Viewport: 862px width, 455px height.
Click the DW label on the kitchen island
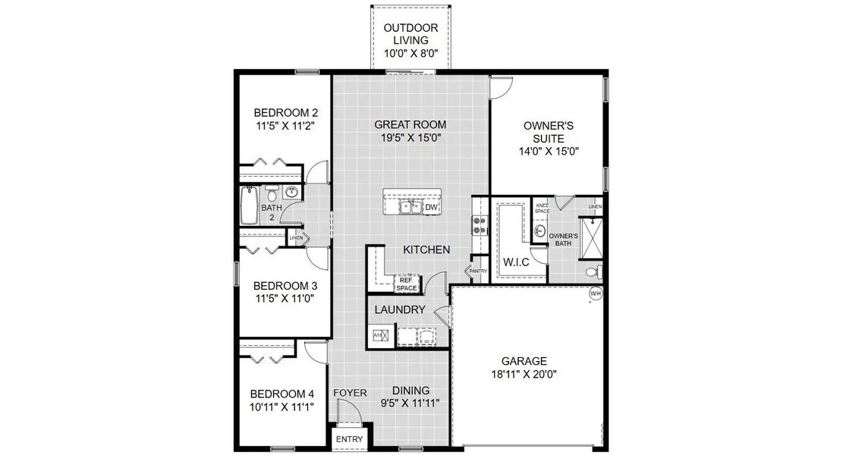pos(430,207)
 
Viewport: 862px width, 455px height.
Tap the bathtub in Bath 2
pos(250,206)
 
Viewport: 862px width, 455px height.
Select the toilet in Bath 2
pos(271,191)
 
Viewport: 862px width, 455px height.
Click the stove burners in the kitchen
pos(479,224)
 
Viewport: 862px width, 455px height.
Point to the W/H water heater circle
pos(595,293)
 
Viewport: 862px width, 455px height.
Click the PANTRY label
pos(477,271)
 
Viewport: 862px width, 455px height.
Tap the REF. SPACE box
pos(407,284)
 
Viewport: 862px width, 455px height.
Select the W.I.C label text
pos(517,262)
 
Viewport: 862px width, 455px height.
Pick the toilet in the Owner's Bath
pos(593,271)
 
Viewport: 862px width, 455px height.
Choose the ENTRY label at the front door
pos(350,440)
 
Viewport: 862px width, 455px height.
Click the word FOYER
pos(351,393)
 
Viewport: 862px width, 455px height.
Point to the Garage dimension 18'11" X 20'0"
pos(524,374)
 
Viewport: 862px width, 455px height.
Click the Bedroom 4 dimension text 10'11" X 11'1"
pos(282,406)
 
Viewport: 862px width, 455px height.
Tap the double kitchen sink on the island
pos(411,206)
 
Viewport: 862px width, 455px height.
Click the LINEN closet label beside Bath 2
pos(296,238)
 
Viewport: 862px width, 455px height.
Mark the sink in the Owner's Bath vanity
pos(540,231)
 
